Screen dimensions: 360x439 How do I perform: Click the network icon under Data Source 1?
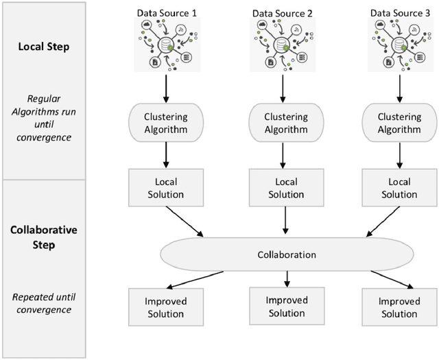point(165,45)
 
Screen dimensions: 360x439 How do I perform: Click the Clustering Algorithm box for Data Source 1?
point(165,123)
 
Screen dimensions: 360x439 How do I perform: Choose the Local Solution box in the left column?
point(165,188)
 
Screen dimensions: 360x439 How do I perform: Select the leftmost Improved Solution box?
point(165,307)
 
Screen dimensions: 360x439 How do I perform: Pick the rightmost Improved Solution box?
point(399,307)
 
